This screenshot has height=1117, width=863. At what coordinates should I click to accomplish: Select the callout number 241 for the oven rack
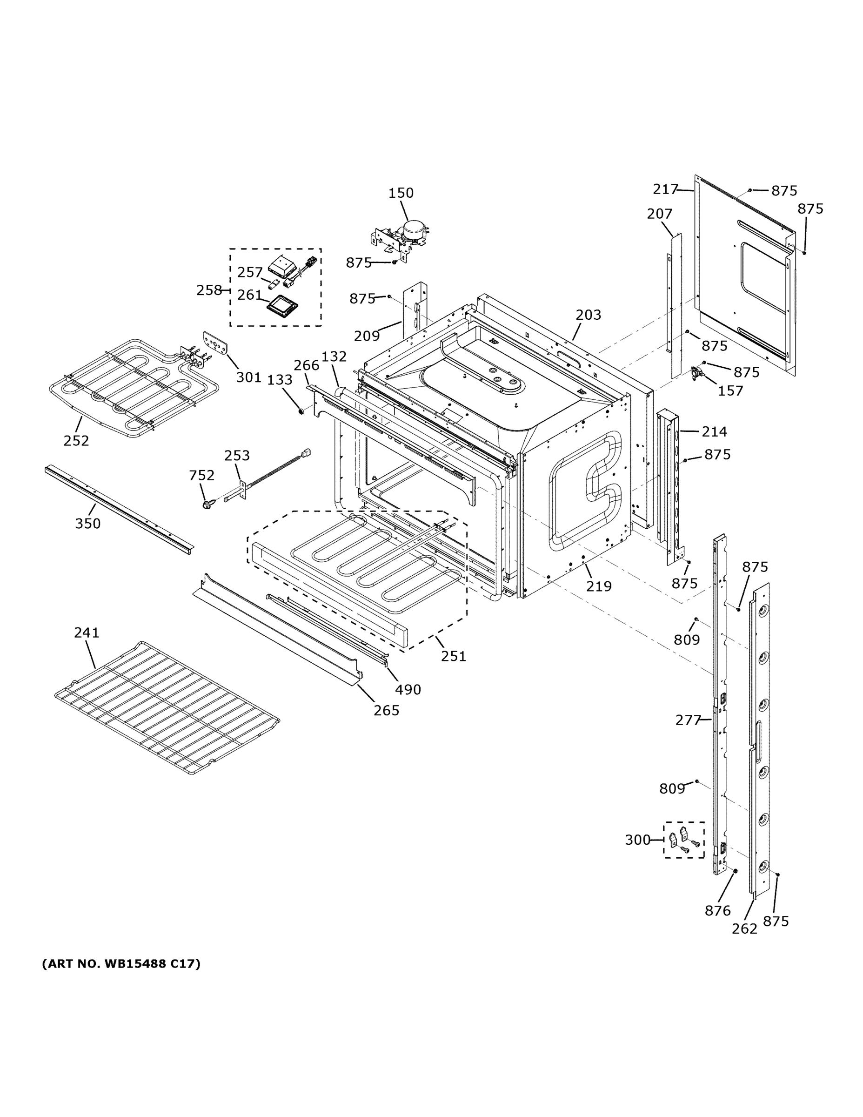pos(87,633)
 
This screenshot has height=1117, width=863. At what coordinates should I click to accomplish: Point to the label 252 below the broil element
pos(76,440)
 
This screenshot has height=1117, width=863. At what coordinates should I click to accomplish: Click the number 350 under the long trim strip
pos(87,523)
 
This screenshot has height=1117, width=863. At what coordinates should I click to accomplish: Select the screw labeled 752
pos(207,505)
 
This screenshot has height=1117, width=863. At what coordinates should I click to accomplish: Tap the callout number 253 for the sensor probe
pos(237,455)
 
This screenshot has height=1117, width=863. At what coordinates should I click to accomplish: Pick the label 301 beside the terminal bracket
pos(249,377)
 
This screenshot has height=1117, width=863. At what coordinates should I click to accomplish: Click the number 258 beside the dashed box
pos(209,290)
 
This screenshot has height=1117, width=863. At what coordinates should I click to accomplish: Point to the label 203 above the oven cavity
pos(589,315)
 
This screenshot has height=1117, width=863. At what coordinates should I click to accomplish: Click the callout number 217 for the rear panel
pos(665,189)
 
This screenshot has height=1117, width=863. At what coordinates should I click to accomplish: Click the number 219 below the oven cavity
pos(599,586)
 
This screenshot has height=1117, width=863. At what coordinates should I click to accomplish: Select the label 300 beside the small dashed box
pos(637,840)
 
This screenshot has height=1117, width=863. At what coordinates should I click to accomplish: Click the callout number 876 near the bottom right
pos(717,910)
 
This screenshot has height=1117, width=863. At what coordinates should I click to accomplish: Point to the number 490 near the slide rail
pos(408,689)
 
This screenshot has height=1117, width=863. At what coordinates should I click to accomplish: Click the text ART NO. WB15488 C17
pos(121,964)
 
